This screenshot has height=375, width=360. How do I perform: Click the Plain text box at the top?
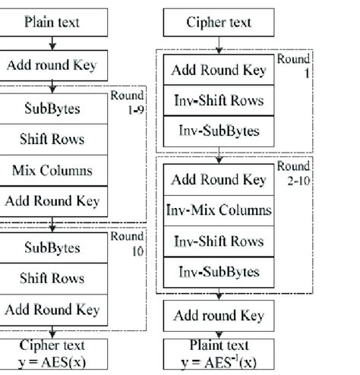pyautogui.click(x=52, y=23)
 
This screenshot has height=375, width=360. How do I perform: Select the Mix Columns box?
pyautogui.click(x=52, y=170)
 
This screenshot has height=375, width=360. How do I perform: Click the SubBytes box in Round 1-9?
pyautogui.click(x=52, y=109)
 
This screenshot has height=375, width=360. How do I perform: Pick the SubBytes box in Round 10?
pyautogui.click(x=52, y=247)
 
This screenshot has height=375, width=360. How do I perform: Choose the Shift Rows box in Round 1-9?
pyautogui.click(x=52, y=140)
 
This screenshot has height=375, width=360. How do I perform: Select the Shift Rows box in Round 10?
pyautogui.click(x=52, y=279)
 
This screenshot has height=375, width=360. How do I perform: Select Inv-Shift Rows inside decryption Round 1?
pyautogui.click(x=218, y=100)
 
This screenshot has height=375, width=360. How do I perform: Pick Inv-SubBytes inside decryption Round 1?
pyautogui.click(x=218, y=131)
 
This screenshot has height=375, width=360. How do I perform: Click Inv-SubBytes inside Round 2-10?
pyautogui.click(x=218, y=271)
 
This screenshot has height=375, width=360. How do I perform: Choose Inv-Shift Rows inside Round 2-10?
pyautogui.click(x=218, y=241)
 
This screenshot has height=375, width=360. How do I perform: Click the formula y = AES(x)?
pyautogui.click(x=52, y=359)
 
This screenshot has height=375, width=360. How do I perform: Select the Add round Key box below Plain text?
pyautogui.click(x=52, y=65)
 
